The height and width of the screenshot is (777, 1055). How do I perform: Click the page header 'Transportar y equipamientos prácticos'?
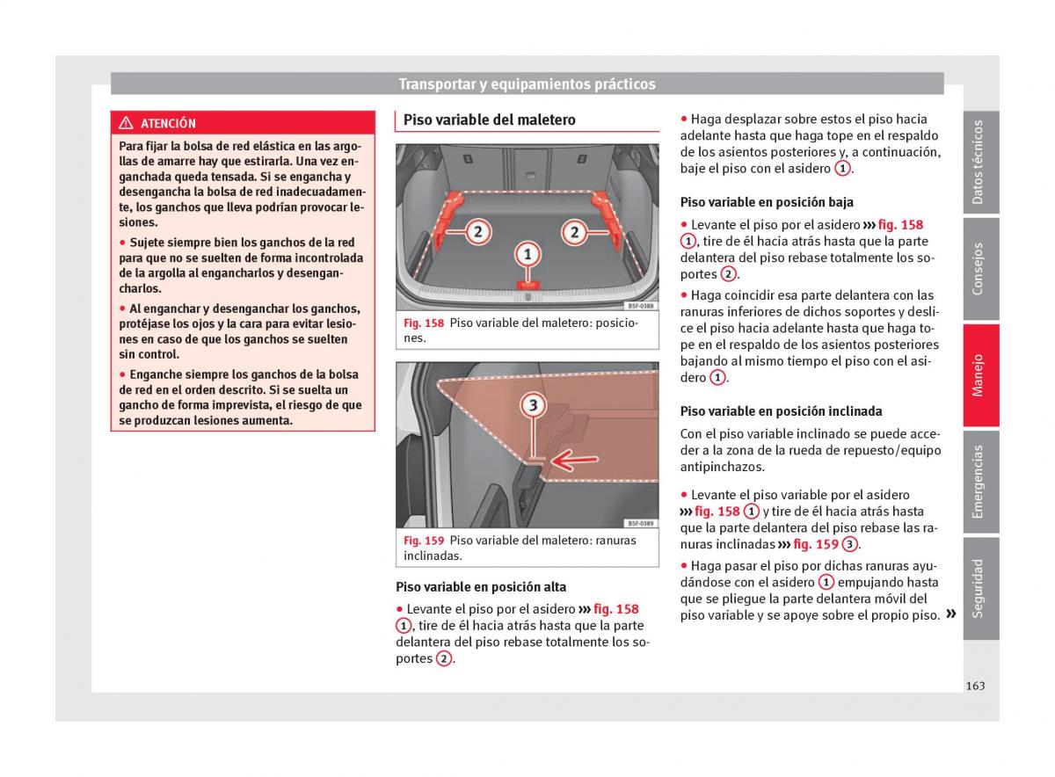(527, 84)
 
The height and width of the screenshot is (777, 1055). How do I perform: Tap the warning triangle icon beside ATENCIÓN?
(127, 124)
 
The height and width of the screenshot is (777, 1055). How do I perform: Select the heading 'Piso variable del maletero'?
(489, 120)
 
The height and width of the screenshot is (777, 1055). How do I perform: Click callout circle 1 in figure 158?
(527, 255)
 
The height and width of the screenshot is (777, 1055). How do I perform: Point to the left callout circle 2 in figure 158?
(477, 232)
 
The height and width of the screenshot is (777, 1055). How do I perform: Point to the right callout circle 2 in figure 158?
(574, 232)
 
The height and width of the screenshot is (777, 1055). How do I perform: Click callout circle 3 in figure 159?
(533, 405)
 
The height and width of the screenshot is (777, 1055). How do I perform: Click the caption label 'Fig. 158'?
(423, 323)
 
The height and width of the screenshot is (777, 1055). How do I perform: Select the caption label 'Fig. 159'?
(423, 541)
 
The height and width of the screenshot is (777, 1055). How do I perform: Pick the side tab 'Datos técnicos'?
(979, 163)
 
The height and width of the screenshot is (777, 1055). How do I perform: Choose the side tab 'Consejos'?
(979, 269)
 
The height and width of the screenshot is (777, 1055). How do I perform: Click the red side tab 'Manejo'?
(979, 375)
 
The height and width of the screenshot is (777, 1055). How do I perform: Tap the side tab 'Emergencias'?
(979, 482)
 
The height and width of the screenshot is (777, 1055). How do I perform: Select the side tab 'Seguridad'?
(979, 588)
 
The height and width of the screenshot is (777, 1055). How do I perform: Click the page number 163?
(974, 686)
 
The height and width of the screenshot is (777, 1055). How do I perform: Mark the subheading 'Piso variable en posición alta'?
(481, 587)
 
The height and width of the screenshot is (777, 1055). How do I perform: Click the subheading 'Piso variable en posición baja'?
(767, 202)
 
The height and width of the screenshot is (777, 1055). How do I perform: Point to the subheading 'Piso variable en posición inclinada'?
(781, 411)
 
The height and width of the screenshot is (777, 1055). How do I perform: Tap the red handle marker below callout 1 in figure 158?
(527, 284)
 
